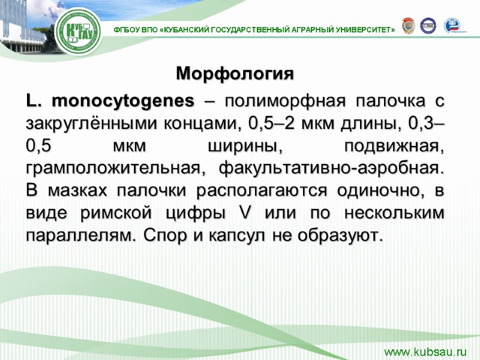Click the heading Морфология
click(235, 74)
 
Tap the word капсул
click(235, 235)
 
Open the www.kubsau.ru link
click(425, 350)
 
